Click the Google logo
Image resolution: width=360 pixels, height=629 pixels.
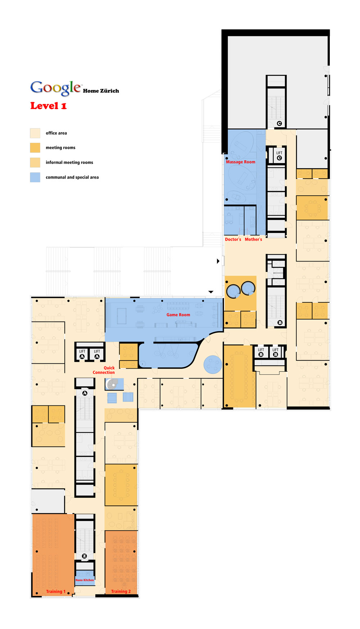[56, 88]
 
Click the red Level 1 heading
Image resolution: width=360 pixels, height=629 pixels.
[48, 106]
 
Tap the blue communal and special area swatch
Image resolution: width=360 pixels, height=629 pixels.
[35, 177]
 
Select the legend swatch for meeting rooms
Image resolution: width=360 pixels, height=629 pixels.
[35, 148]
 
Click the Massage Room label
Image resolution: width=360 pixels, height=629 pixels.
[240, 162]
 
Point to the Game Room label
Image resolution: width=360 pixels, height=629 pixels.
[178, 315]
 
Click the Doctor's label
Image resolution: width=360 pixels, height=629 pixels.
[233, 239]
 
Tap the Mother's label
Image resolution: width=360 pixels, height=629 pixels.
[253, 239]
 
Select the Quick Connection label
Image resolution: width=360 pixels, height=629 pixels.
[104, 370]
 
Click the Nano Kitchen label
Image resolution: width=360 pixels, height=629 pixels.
[85, 580]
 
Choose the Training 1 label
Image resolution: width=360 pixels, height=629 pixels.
[56, 592]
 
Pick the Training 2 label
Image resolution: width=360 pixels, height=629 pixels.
[121, 592]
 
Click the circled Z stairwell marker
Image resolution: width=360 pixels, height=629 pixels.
[84, 556]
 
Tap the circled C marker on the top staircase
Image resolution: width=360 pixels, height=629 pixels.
[279, 123]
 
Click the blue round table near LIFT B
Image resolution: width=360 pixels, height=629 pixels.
[213, 364]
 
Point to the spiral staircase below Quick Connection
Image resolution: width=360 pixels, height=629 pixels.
[113, 385]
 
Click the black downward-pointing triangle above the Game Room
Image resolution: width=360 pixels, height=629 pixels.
[211, 292]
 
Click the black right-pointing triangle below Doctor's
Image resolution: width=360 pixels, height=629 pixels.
[218, 261]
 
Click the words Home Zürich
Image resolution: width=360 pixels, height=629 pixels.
[101, 91]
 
